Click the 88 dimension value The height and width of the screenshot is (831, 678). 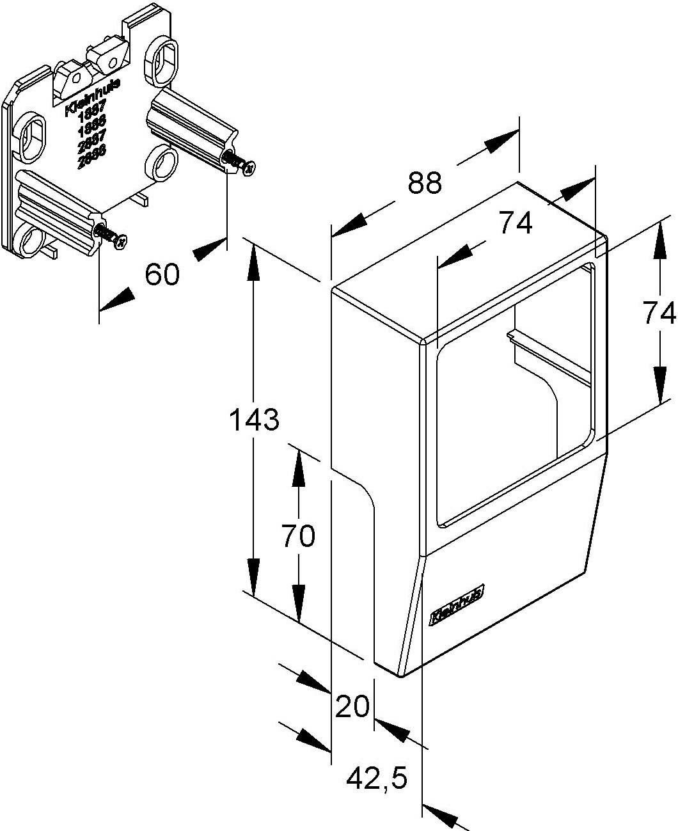[x=425, y=184]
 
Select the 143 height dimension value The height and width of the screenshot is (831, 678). [x=255, y=420]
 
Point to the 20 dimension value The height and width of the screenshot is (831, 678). [x=352, y=707]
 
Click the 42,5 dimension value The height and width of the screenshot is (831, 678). [x=377, y=779]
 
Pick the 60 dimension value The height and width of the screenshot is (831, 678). [x=162, y=275]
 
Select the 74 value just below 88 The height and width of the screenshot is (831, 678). [x=516, y=223]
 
